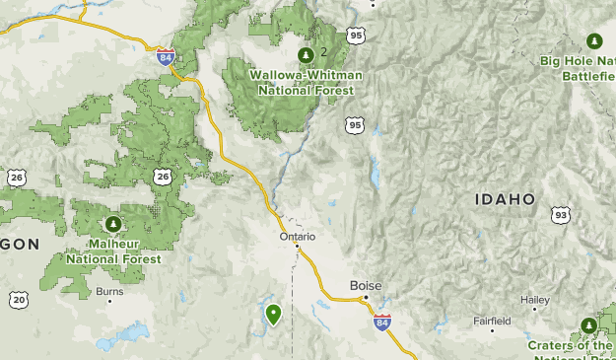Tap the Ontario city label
296,236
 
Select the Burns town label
109,291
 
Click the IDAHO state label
505,199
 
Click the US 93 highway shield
561,215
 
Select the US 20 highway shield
19,299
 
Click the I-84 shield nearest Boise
382,322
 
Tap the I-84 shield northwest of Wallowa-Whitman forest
166,56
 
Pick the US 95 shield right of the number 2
356,36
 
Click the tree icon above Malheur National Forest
112,225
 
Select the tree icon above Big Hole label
593,40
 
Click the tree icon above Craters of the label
588,324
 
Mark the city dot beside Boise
365,298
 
